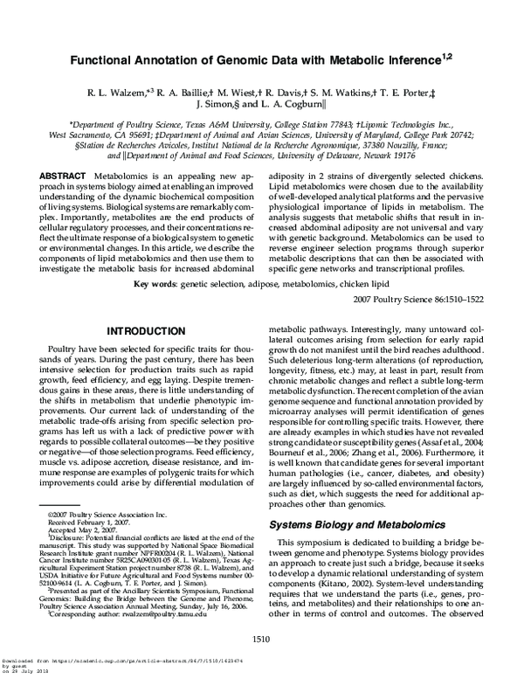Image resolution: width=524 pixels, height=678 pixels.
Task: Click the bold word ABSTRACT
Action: pos(65,176)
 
